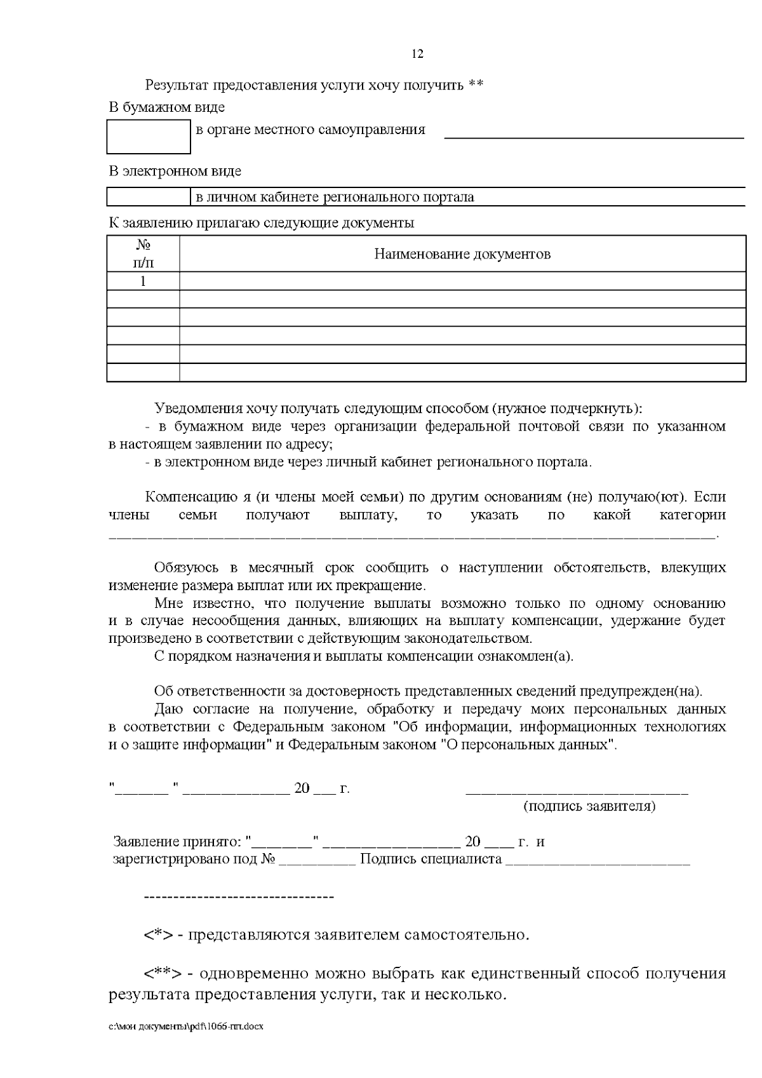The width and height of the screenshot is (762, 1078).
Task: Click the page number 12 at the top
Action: point(417,54)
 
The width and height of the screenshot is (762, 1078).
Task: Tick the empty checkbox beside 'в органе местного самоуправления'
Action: point(149,137)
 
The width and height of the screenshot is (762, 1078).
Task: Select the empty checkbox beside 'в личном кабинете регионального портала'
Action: point(149,197)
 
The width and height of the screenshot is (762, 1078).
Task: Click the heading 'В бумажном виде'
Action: point(166,107)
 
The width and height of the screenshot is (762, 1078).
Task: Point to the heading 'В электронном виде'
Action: point(175,172)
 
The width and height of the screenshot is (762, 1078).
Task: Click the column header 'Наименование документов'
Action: point(462,254)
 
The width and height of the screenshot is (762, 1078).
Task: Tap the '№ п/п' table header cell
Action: point(144,253)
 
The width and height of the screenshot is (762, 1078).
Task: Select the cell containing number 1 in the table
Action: point(144,281)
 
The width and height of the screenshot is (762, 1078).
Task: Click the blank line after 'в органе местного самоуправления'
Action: point(593,135)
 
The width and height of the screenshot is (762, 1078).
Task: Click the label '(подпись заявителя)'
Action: point(589,807)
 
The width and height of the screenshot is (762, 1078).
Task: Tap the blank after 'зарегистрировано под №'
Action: point(317,861)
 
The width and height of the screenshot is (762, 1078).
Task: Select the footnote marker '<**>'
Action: point(163,974)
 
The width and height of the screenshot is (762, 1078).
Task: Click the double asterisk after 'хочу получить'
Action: point(476,85)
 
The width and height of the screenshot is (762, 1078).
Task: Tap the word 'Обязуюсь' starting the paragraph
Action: point(186,567)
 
